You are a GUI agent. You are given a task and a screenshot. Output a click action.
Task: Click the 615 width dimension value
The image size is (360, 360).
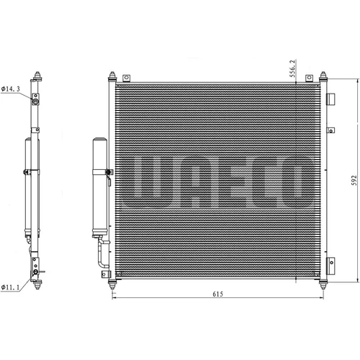pos(217,294)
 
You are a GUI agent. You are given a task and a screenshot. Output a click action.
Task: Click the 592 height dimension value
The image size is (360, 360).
pos(354,181)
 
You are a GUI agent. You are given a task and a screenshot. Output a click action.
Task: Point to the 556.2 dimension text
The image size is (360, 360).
pos(292,68)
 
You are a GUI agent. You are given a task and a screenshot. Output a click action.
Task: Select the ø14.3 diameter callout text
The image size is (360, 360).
pos(11,89)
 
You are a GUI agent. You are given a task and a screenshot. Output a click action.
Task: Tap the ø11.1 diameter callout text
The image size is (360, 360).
pos(10,287)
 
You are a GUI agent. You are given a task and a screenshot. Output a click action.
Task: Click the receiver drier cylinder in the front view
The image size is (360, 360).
pos(100,187)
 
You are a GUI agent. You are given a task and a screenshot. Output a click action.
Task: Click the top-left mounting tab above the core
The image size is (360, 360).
pos(126,78)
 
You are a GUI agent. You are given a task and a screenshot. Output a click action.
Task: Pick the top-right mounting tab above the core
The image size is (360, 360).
pos(309,78)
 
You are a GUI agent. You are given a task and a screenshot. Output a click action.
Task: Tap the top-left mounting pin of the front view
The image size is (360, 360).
pos(112,77)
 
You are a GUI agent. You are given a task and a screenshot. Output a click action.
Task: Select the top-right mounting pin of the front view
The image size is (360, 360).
pos(323,77)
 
